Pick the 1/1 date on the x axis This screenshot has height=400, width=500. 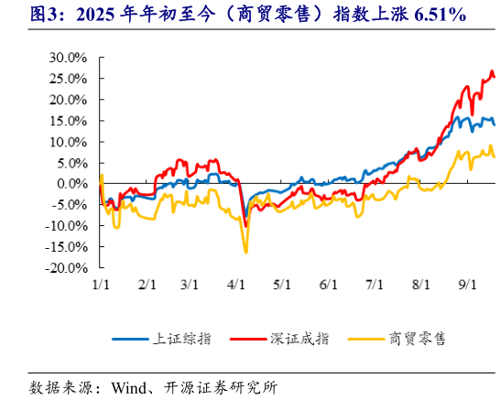(x=101, y=285)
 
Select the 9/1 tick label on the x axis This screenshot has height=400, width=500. (x=468, y=285)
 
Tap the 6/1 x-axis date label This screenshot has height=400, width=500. (x=329, y=285)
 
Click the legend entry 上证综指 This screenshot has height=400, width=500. (x=181, y=338)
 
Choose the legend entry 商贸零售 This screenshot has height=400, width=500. (x=417, y=338)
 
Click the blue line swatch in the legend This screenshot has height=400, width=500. (x=130, y=339)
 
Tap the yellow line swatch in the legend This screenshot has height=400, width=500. (x=365, y=339)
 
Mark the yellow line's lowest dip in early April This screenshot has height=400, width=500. (x=245, y=252)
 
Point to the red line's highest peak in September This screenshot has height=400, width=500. (x=492, y=71)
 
